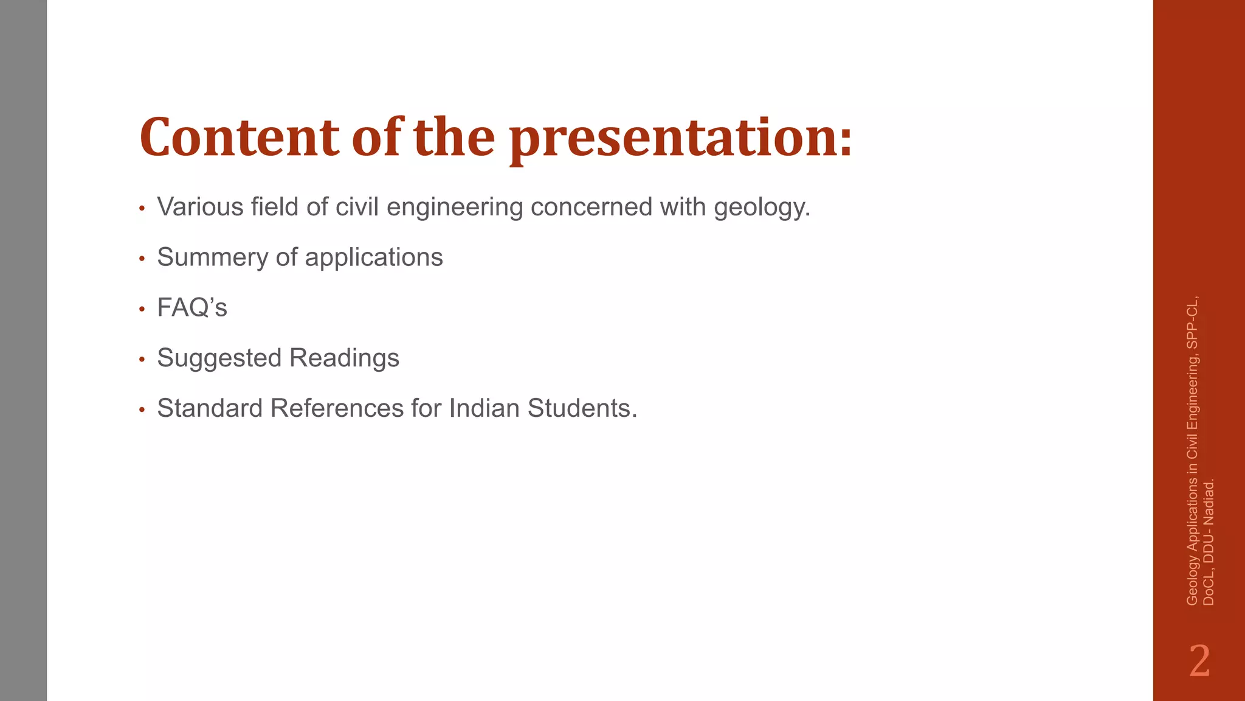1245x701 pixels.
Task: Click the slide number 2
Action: (x=1199, y=661)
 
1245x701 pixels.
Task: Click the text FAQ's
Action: (x=192, y=308)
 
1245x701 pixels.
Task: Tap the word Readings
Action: (x=345, y=358)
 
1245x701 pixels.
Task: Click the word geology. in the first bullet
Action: (x=762, y=208)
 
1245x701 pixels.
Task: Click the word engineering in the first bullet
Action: (x=454, y=208)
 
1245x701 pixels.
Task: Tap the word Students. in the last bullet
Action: (x=582, y=408)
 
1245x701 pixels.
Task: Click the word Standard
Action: (x=210, y=408)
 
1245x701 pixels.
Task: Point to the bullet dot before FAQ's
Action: (x=142, y=310)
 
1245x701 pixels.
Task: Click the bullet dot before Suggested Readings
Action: (x=142, y=360)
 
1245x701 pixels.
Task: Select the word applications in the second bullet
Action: (x=374, y=257)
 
